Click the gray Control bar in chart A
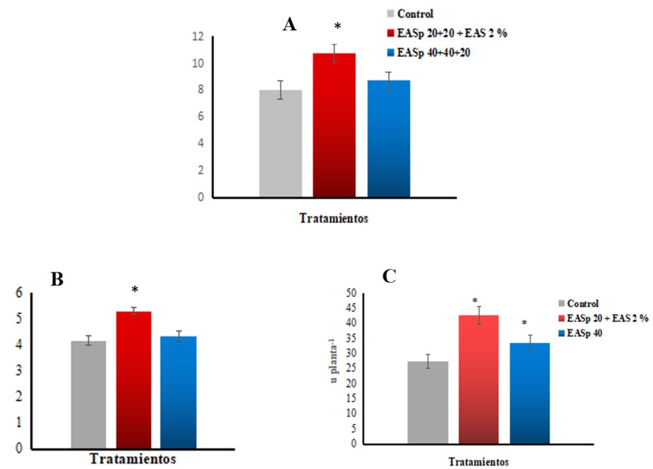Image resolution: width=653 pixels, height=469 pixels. tap(280, 144)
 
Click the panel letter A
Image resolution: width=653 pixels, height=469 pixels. tap(290, 25)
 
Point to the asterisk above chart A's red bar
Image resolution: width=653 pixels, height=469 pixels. tap(337, 27)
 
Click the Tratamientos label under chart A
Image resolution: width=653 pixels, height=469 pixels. tap(334, 219)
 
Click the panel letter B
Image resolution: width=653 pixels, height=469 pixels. tap(57, 280)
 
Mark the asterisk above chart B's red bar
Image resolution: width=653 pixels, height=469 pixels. tap(135, 290)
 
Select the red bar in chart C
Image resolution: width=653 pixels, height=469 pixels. tap(479, 379)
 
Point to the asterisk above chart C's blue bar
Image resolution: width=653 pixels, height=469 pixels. tap(524, 323)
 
